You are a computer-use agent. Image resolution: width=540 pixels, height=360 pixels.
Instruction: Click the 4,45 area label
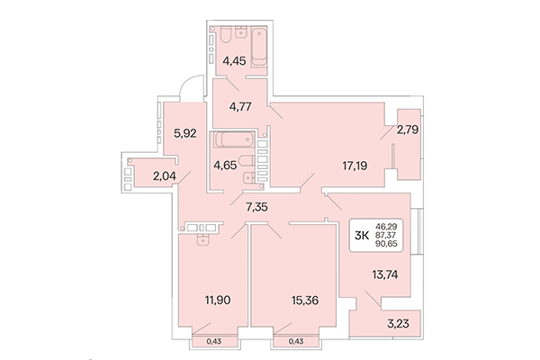(235, 63)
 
